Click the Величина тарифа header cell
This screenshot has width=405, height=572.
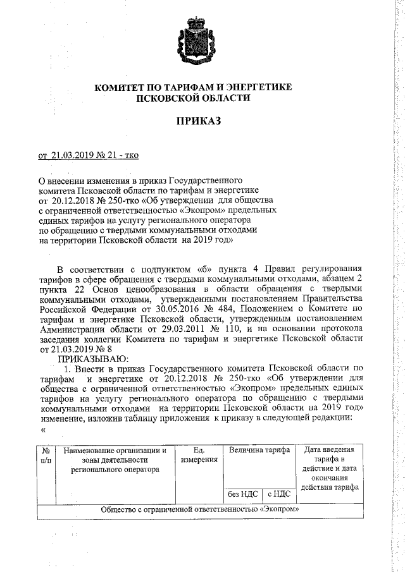click(259, 450)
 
